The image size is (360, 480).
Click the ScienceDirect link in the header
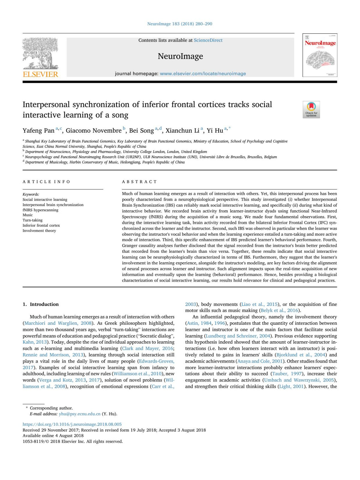(x=208, y=40)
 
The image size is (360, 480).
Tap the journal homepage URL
(x=203, y=74)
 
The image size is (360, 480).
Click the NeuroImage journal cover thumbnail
(x=320, y=55)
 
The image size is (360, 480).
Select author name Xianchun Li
(x=182, y=131)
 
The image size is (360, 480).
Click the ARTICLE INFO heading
(x=46, y=182)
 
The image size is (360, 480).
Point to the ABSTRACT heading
(x=139, y=182)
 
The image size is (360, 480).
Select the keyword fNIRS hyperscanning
(x=40, y=210)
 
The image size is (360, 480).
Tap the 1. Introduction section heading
(x=41, y=304)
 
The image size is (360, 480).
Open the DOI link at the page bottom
(x=72, y=424)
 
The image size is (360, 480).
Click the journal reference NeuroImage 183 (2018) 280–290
(x=180, y=24)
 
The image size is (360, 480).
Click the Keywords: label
(x=31, y=194)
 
